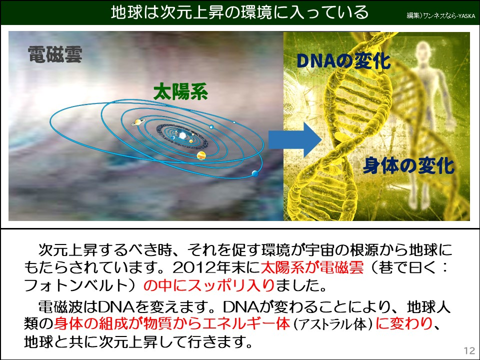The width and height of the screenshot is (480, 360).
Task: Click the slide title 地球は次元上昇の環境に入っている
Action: click(240, 12)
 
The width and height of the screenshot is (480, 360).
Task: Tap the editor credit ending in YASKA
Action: click(440, 16)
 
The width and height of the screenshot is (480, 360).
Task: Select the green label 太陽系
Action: click(180, 92)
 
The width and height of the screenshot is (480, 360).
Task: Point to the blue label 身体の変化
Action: click(408, 165)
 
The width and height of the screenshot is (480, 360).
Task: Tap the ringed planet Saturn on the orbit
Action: click(137, 122)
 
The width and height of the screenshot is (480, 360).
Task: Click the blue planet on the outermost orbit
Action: click(255, 173)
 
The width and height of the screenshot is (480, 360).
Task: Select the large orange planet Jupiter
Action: click(201, 155)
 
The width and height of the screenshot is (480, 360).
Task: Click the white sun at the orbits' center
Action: click(183, 135)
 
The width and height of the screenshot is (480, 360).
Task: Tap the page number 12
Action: click(469, 349)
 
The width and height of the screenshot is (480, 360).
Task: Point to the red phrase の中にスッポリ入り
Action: click(208, 286)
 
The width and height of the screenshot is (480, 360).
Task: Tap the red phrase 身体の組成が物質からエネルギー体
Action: click(172, 324)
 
